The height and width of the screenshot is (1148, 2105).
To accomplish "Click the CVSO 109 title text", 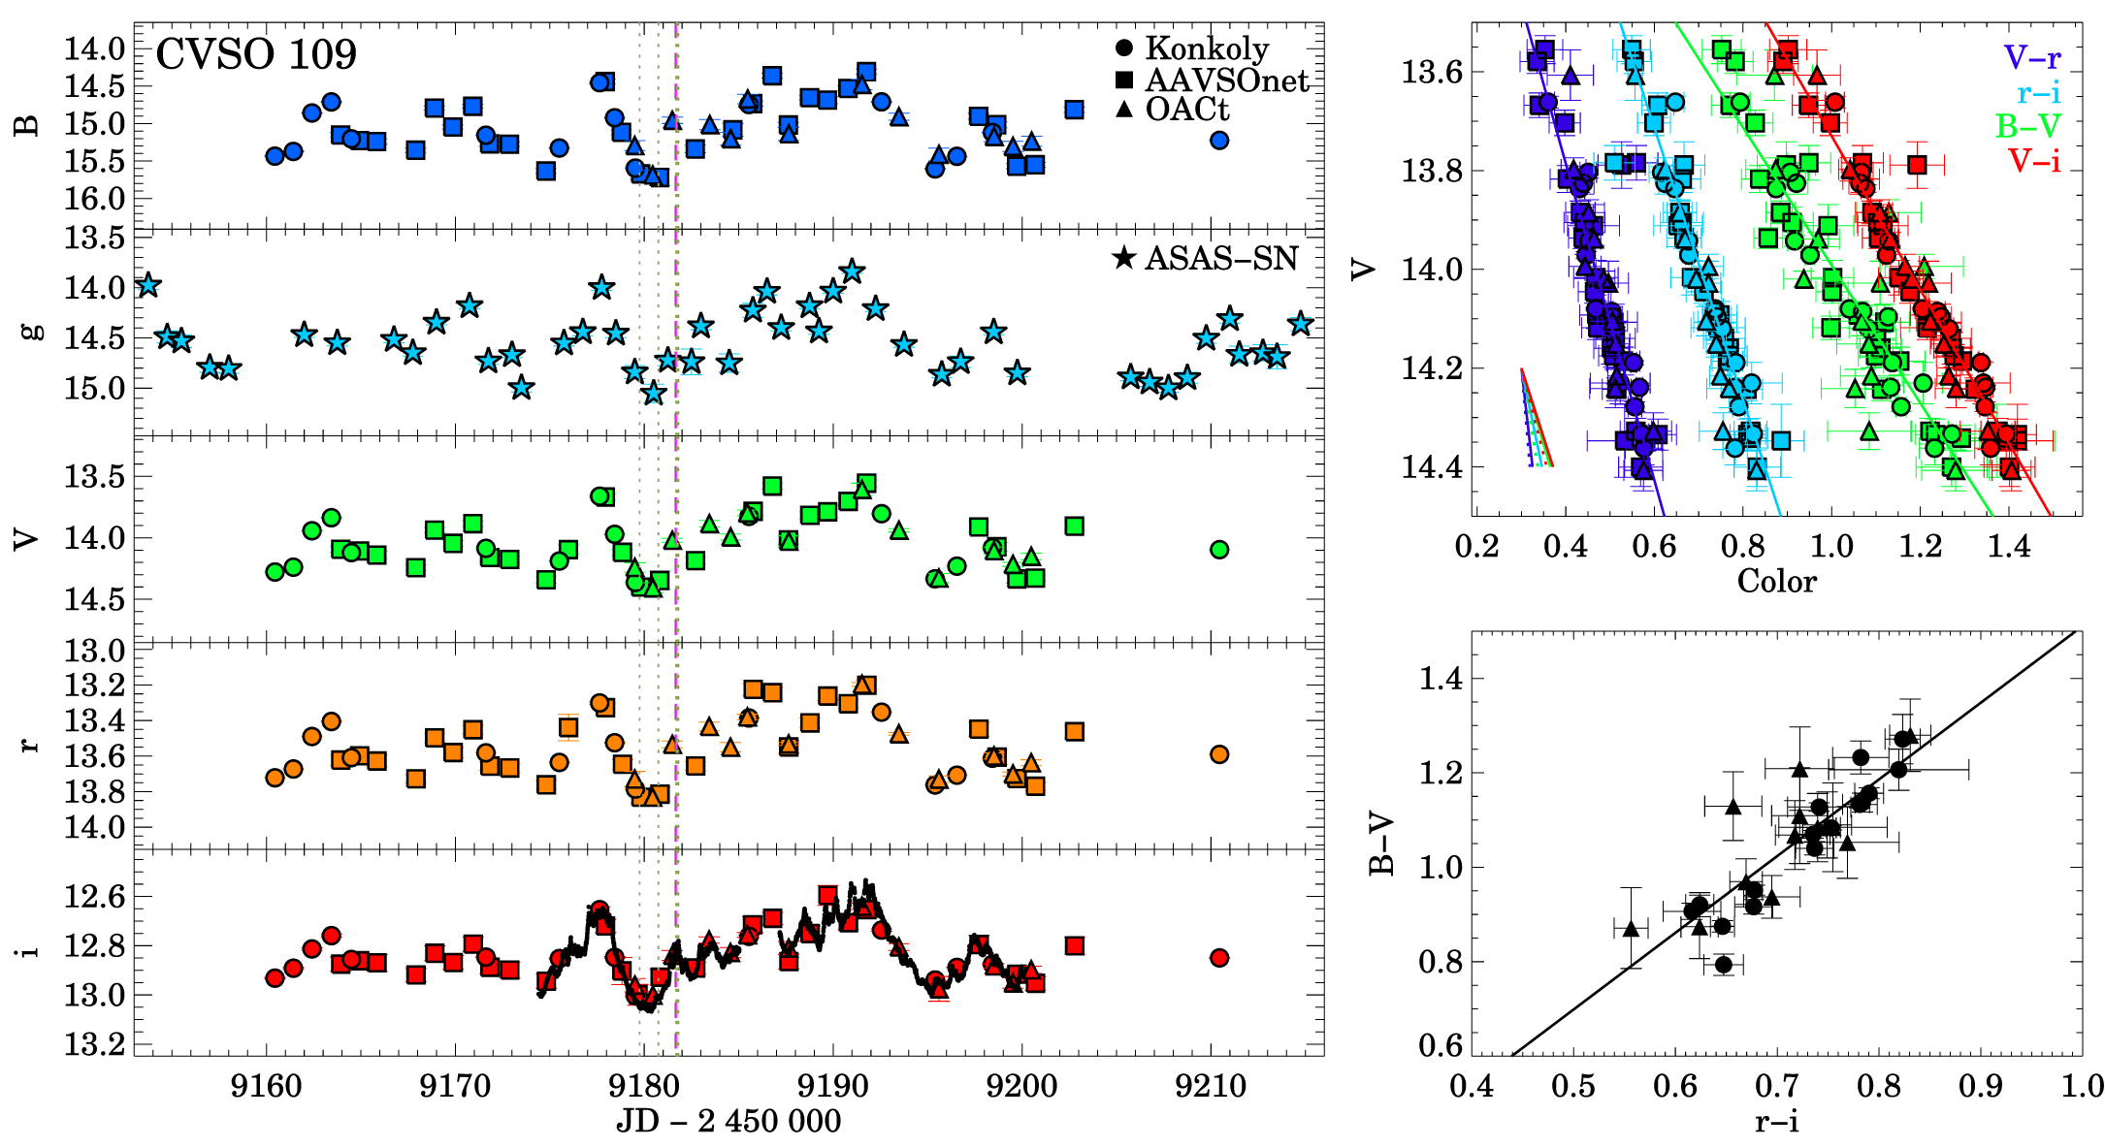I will (256, 55).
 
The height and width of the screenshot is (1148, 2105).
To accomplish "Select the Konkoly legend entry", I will (1206, 48).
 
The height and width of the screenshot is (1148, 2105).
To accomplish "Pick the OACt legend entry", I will (1186, 110).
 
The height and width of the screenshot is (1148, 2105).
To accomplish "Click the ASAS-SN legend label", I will (1220, 258).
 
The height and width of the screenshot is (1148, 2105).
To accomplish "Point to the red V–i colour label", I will (2034, 160).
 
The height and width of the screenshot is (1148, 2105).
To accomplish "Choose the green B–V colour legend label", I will (2028, 125).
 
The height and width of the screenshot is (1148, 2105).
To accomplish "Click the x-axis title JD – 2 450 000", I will (729, 1122).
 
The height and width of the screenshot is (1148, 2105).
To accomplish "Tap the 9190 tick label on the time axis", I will (832, 1086).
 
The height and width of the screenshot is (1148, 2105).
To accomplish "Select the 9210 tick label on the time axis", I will (1210, 1086).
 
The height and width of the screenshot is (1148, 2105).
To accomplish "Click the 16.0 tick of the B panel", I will (94, 199).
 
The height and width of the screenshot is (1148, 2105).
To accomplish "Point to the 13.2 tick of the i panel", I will (94, 1045).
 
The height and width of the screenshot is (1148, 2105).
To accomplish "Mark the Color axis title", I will (1776, 581).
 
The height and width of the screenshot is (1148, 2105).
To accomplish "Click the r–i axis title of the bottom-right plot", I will (1776, 1123).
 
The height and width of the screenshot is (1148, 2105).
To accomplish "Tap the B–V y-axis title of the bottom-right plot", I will (1381, 844).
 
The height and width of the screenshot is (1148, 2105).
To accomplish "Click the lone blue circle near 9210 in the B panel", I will (1219, 141).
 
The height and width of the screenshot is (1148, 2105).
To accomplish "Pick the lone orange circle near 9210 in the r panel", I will (1219, 754).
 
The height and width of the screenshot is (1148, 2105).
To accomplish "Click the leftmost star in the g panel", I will (147, 286).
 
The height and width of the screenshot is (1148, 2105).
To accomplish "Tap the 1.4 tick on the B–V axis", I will (1441, 679).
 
